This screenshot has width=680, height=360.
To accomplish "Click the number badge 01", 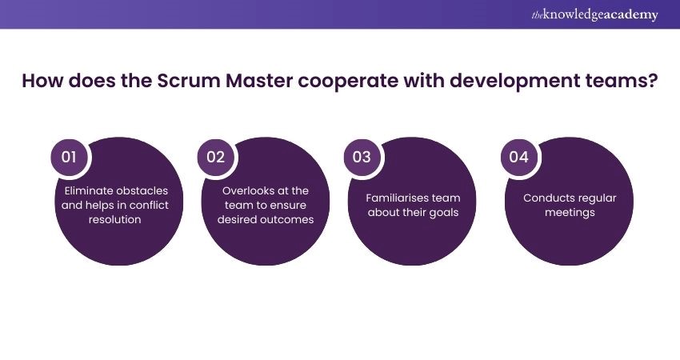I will (x=69, y=157).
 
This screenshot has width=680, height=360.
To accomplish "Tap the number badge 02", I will (x=215, y=157).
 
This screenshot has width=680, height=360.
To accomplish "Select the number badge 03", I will (x=362, y=157).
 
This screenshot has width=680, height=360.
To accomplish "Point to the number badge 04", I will (x=518, y=157).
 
